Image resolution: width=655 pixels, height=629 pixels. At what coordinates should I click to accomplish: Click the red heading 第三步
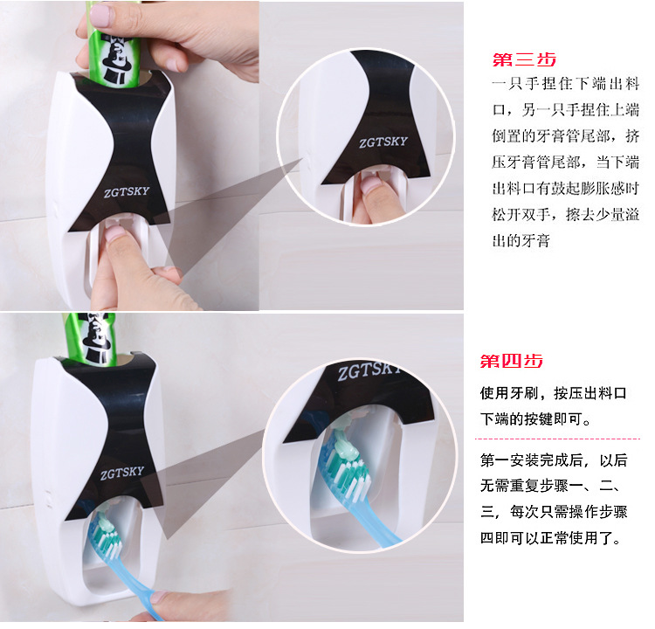[524, 59]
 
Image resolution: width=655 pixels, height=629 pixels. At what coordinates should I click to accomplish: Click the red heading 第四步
[512, 361]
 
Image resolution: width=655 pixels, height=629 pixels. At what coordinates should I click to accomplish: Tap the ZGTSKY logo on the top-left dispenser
[126, 192]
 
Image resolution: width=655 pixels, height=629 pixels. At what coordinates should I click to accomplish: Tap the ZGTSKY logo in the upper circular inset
[383, 142]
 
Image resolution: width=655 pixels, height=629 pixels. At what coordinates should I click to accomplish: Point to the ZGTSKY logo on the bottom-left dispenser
[122, 473]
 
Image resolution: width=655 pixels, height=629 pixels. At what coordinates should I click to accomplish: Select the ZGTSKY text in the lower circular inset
[369, 371]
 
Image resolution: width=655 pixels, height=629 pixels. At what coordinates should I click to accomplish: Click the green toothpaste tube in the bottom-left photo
[89, 339]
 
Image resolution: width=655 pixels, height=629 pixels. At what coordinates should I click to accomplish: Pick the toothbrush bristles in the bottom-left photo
[106, 539]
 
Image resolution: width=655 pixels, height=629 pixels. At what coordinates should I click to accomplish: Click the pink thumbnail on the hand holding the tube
[99, 16]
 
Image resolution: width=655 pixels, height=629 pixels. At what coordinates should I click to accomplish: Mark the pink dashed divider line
[557, 439]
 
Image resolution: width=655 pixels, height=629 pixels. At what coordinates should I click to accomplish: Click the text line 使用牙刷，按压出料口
[553, 393]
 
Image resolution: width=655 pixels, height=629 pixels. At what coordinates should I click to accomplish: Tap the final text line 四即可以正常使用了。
[551, 537]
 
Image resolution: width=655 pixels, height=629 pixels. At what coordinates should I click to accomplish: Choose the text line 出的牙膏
[521, 240]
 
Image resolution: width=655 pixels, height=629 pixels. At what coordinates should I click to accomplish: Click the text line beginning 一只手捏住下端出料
[566, 84]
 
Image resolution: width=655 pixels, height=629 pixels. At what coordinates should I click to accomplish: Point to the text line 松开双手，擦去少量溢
[566, 214]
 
